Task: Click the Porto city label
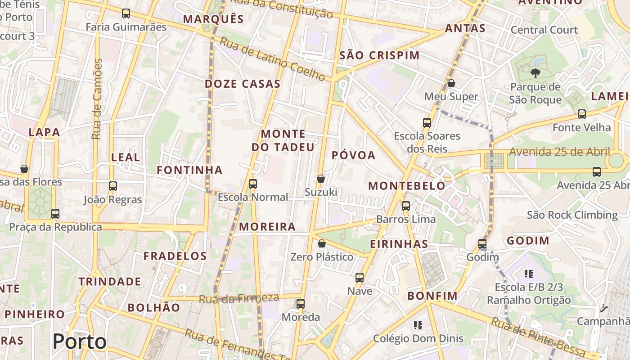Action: click(x=80, y=342)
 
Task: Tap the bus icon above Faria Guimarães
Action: click(x=126, y=13)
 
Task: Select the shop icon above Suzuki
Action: click(x=321, y=179)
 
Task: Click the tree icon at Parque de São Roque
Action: click(x=535, y=73)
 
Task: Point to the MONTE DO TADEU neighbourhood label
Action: click(x=283, y=140)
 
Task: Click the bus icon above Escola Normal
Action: click(x=253, y=184)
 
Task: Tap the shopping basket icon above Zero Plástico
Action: click(x=322, y=244)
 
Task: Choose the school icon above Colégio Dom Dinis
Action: click(x=418, y=325)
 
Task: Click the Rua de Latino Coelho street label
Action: click(x=272, y=59)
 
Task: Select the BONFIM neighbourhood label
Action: click(x=432, y=296)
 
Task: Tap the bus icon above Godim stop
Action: click(x=482, y=244)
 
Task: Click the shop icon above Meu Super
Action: click(x=451, y=83)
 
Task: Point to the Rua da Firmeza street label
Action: click(x=239, y=298)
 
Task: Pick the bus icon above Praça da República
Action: click(x=55, y=214)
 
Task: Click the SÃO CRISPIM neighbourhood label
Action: click(x=379, y=55)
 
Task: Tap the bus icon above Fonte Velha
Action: click(x=582, y=114)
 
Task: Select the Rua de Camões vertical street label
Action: click(x=97, y=99)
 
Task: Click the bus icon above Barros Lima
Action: click(x=406, y=206)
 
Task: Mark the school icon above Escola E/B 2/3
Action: click(x=529, y=274)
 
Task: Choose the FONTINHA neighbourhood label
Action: click(x=189, y=170)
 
